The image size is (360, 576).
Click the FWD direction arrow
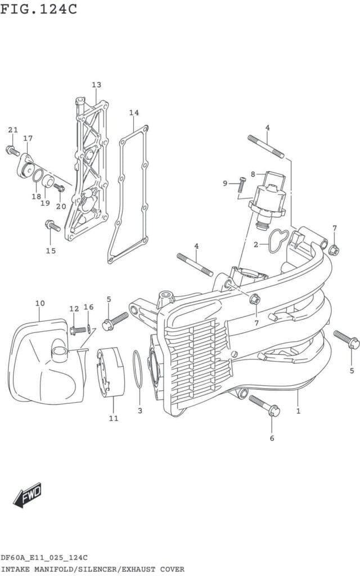(28, 496)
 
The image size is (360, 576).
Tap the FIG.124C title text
(39, 9)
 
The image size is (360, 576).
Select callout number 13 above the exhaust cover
(96, 85)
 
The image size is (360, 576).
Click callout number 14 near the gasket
(134, 112)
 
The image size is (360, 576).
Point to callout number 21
(13, 130)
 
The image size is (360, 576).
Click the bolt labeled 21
(12, 151)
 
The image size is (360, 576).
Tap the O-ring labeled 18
(38, 175)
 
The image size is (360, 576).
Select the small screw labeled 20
(59, 188)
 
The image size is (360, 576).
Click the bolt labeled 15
(52, 225)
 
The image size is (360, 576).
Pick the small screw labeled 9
(242, 184)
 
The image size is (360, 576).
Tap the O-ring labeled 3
(137, 369)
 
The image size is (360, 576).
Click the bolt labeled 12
(78, 330)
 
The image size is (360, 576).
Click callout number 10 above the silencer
(40, 303)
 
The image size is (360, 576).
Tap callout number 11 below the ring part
(114, 418)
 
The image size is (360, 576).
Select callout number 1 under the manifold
(298, 411)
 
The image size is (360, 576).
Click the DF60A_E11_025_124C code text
(44, 558)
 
